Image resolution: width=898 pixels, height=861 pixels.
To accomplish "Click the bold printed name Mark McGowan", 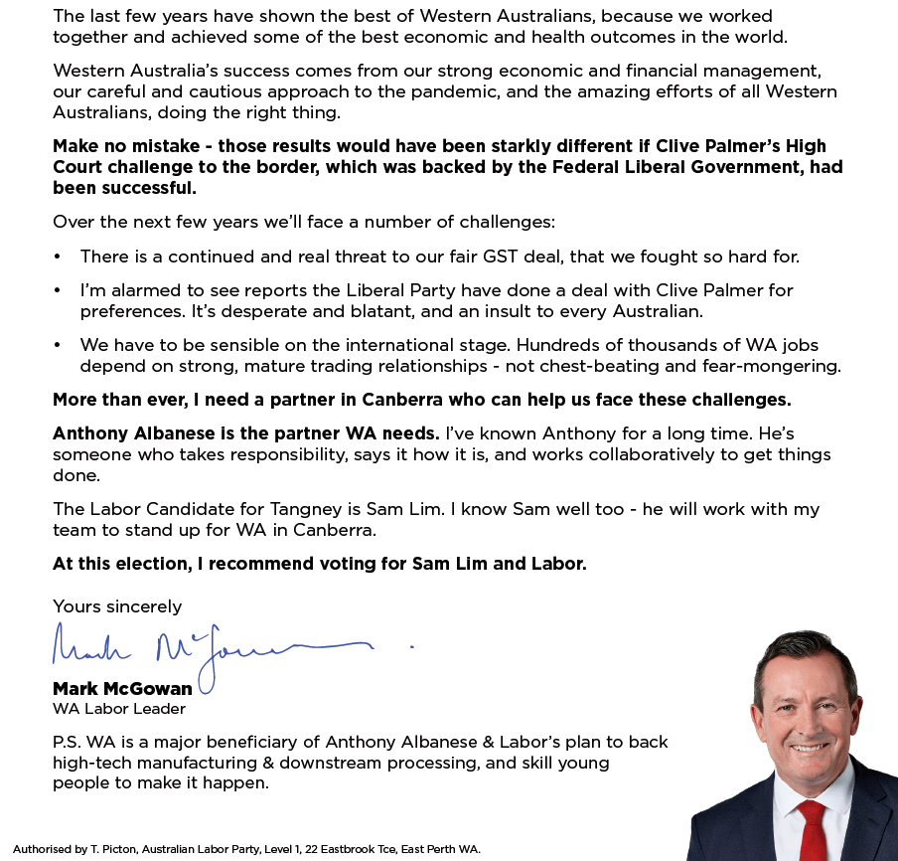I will pos(122,689).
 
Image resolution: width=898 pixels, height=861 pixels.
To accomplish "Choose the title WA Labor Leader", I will pos(118,709).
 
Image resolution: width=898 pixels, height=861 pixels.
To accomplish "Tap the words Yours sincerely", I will pos(117,606).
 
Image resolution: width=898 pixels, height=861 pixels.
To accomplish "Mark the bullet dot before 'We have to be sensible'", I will pos(58,345).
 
